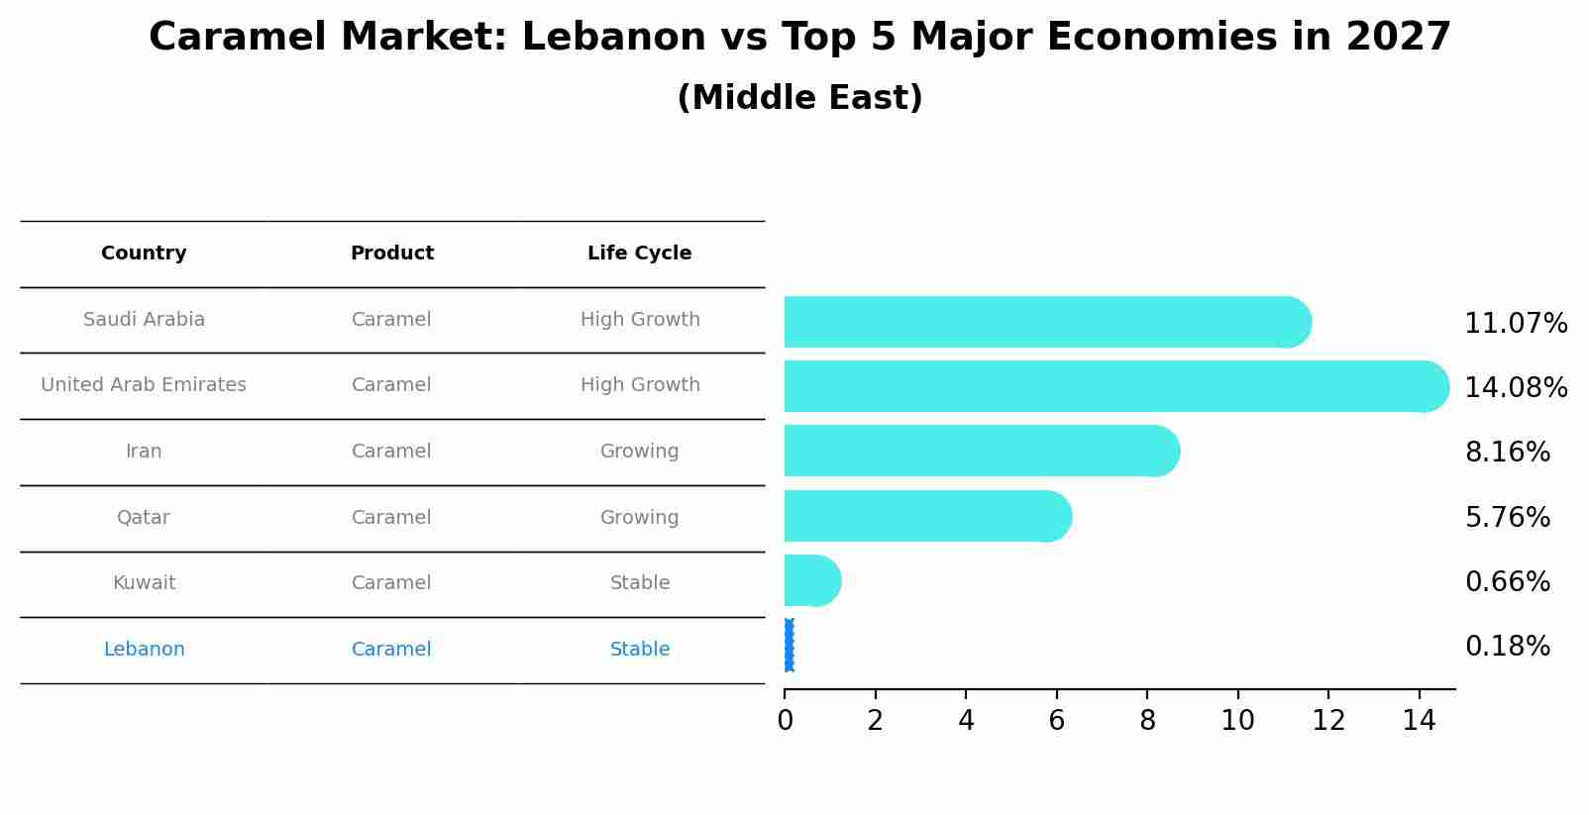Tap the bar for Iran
point(981,451)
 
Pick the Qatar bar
point(926,516)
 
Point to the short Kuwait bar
point(811,580)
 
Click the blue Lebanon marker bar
point(789,646)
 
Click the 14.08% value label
point(1516,387)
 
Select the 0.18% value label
point(1507,647)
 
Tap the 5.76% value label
point(1507,517)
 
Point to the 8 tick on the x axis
point(1147,720)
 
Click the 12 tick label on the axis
point(1328,720)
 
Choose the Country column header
point(144,254)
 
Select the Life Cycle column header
point(639,254)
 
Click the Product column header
point(391,254)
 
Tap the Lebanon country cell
point(144,650)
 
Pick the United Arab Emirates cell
point(144,385)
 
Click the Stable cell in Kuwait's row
point(639,583)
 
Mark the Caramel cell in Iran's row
point(391,452)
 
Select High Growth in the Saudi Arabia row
point(639,320)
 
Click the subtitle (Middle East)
point(799,98)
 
